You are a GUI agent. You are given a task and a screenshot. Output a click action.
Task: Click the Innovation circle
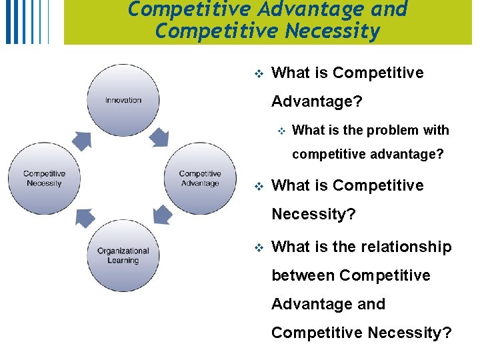point(123,100)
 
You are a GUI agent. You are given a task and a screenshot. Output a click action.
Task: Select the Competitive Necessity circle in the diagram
point(45,179)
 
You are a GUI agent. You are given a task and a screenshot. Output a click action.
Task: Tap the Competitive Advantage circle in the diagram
point(200,179)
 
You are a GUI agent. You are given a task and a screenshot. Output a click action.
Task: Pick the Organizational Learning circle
point(123,256)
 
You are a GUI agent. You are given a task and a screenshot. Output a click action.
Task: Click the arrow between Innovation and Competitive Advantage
point(159,137)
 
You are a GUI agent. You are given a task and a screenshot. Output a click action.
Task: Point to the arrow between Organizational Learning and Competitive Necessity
point(83,218)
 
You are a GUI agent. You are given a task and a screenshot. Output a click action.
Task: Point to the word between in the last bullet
point(303,275)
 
